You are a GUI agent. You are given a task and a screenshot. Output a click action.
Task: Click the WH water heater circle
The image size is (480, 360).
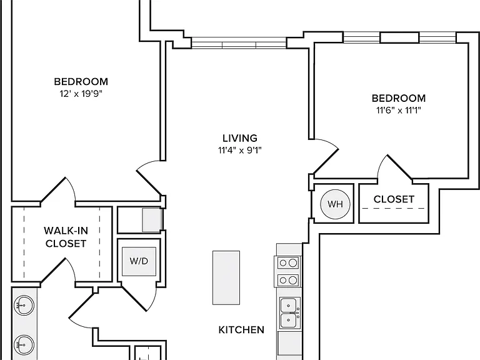pos(335,204)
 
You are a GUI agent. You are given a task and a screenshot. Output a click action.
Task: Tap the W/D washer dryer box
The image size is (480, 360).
pos(139,261)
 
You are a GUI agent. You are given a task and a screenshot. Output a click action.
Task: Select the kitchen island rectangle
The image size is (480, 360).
pos(226,277)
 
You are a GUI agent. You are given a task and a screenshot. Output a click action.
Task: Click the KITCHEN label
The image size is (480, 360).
pos(241,330)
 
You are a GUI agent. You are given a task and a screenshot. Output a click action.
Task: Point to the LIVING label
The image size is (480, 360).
pos(240,138)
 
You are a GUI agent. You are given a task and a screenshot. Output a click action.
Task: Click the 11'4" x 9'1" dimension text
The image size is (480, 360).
pos(240,150)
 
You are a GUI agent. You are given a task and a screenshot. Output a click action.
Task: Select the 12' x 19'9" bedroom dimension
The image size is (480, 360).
pos(81,93)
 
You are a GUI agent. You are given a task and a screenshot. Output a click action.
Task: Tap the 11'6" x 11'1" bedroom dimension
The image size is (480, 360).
pos(399,110)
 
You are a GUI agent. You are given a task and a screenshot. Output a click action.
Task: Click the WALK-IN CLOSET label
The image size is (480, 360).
pos(66,237)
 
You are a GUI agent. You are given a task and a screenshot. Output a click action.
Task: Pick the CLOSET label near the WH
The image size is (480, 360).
pos(394,199)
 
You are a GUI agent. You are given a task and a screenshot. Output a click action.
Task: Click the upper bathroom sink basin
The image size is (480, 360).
pos(24,305)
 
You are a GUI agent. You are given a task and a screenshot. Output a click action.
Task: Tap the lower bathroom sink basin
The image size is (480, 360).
pos(24,345)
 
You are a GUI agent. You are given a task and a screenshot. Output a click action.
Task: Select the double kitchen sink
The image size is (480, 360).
pos(289,313)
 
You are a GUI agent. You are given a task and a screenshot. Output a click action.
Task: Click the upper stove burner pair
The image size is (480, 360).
pos(288,263)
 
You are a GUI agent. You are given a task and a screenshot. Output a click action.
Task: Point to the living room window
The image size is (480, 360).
pos(239,43)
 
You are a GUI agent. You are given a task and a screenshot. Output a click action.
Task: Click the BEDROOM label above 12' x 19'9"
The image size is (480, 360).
pos(81,82)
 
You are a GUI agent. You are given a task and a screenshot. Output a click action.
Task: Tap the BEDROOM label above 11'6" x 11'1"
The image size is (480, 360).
pos(399,98)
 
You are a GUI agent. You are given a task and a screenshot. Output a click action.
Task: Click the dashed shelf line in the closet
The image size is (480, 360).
pos(394,209)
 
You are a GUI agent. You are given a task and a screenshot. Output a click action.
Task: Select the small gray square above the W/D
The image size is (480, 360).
pos(152,220)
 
